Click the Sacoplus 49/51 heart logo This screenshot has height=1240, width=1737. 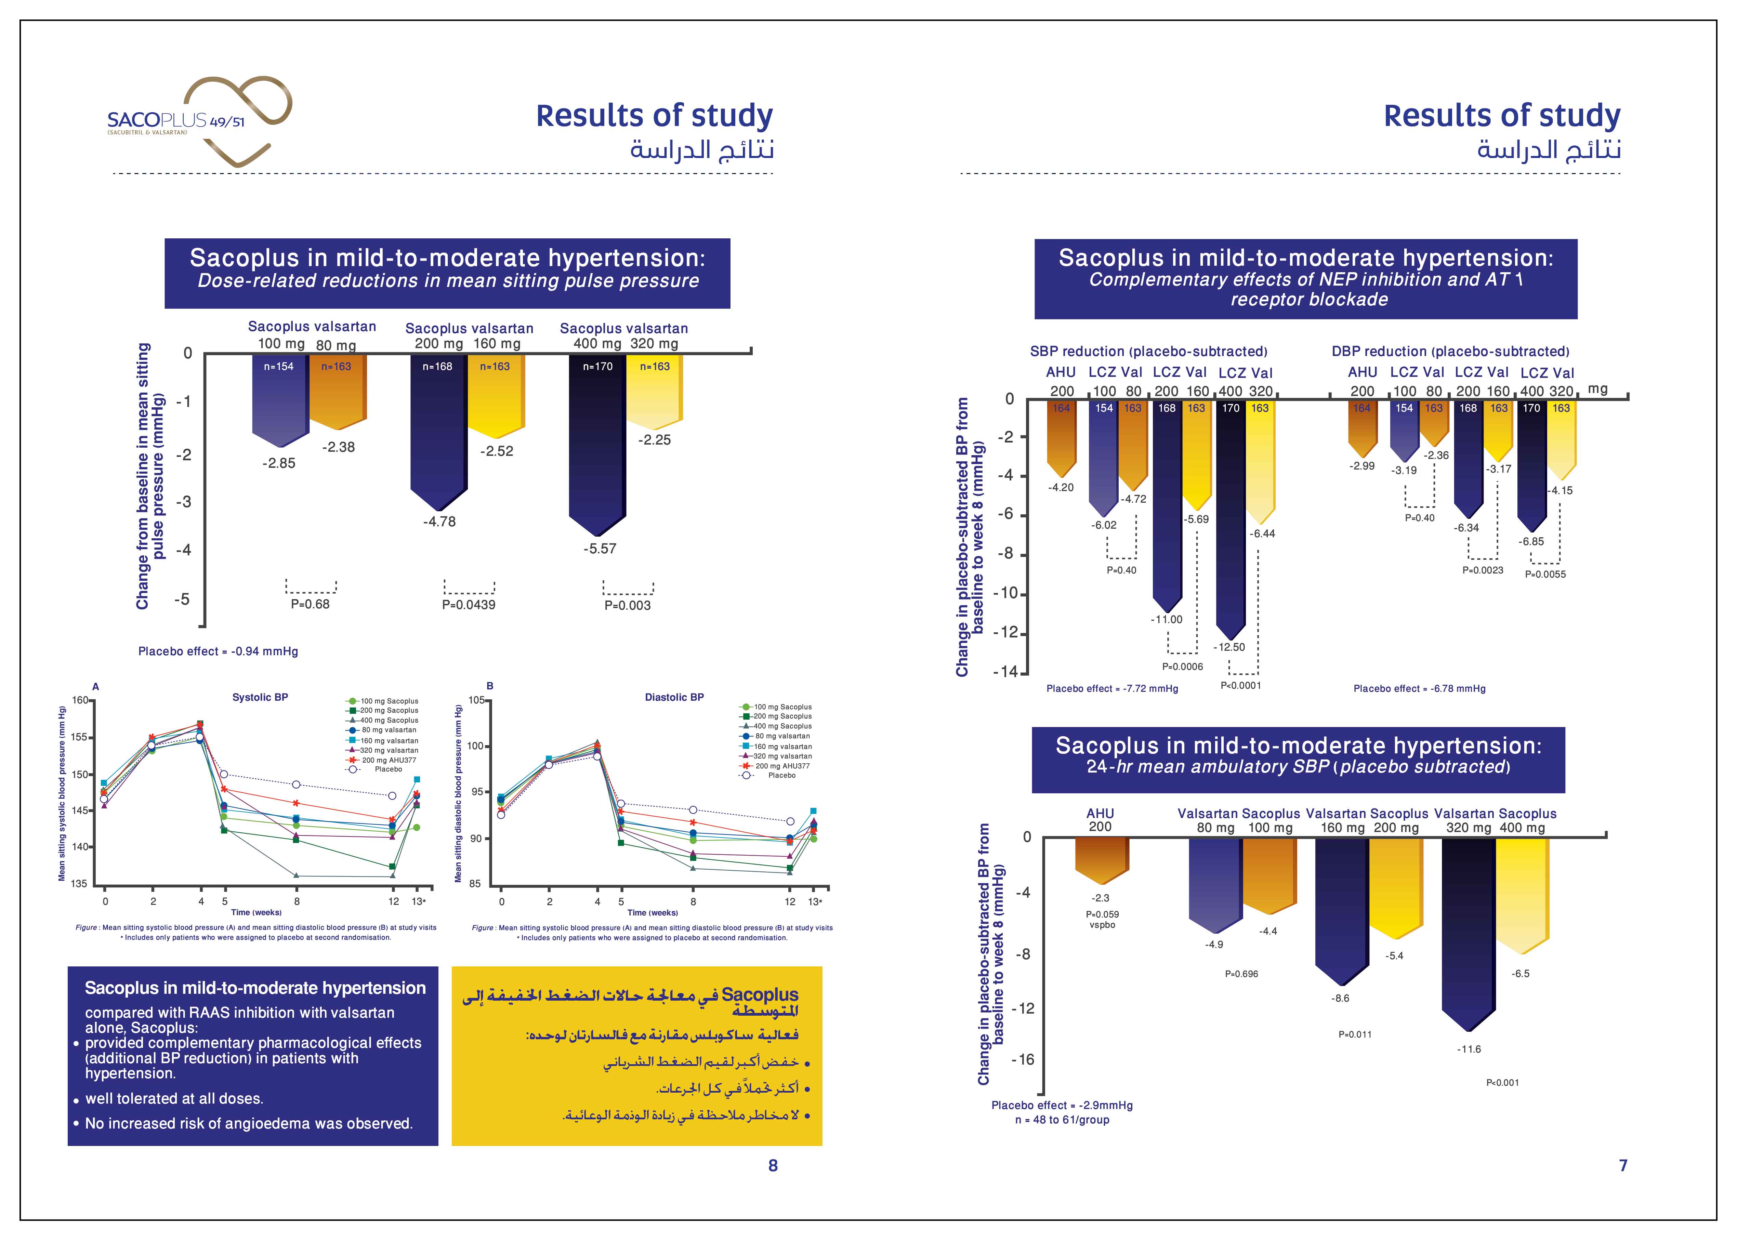200,121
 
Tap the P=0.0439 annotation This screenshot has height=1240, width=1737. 469,605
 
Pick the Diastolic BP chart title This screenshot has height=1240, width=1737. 674,697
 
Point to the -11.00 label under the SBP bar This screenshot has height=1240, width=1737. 1167,619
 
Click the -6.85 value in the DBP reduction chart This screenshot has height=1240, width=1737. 1531,541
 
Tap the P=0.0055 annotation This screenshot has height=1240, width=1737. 1545,574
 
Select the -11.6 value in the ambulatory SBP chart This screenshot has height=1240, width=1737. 1469,1049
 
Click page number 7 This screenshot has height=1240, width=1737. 1623,1165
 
